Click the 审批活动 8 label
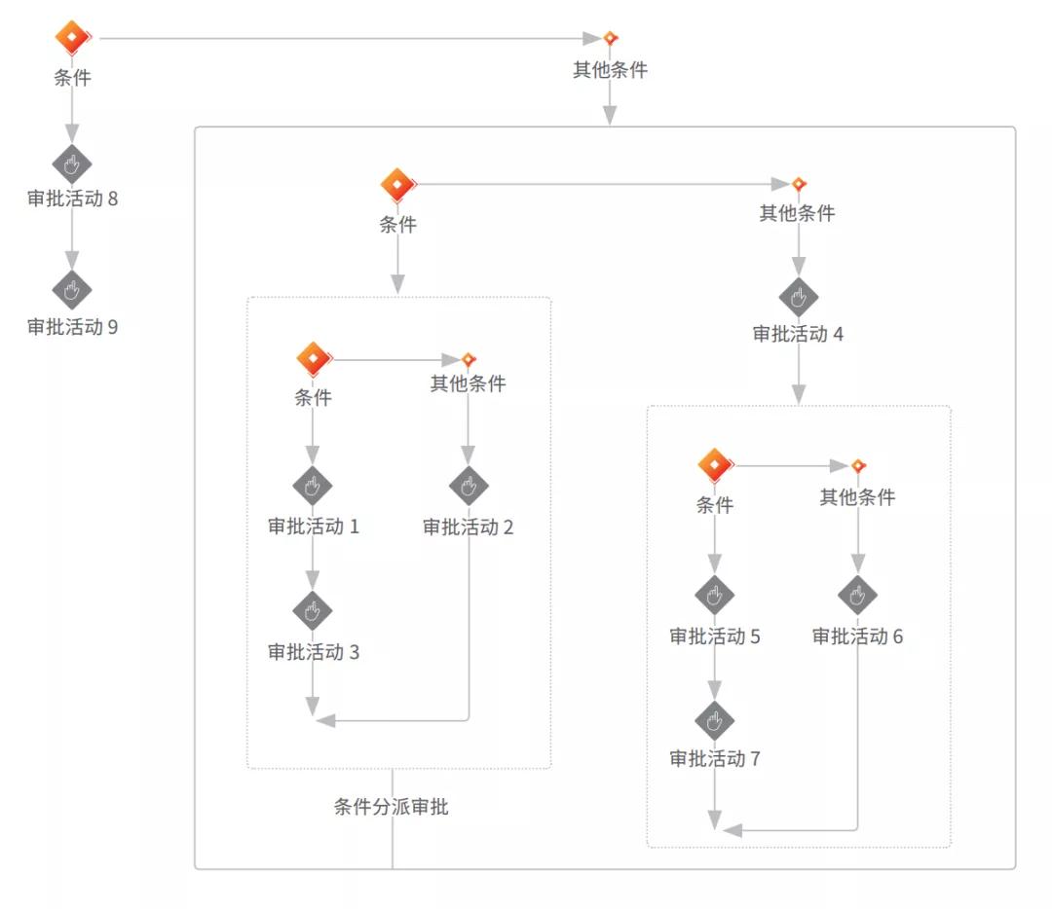click(x=72, y=199)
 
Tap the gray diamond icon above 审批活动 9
click(x=71, y=290)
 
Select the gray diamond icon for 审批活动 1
click(x=313, y=486)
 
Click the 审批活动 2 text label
click(x=468, y=527)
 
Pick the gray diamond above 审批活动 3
click(x=313, y=611)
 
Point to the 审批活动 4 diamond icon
click(x=799, y=297)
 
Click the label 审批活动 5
click(x=715, y=636)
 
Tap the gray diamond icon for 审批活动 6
click(x=858, y=595)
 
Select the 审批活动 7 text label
click(x=715, y=759)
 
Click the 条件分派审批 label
click(x=392, y=806)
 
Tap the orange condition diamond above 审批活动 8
click(x=72, y=38)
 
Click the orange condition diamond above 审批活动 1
click(x=314, y=359)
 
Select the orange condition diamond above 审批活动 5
click(x=715, y=465)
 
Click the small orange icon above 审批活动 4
click(x=799, y=184)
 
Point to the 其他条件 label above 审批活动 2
click(x=469, y=383)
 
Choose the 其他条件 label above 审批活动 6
click(x=857, y=497)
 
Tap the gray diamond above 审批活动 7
click(x=715, y=720)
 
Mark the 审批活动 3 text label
click(x=314, y=652)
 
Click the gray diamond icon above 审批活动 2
click(x=469, y=486)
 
